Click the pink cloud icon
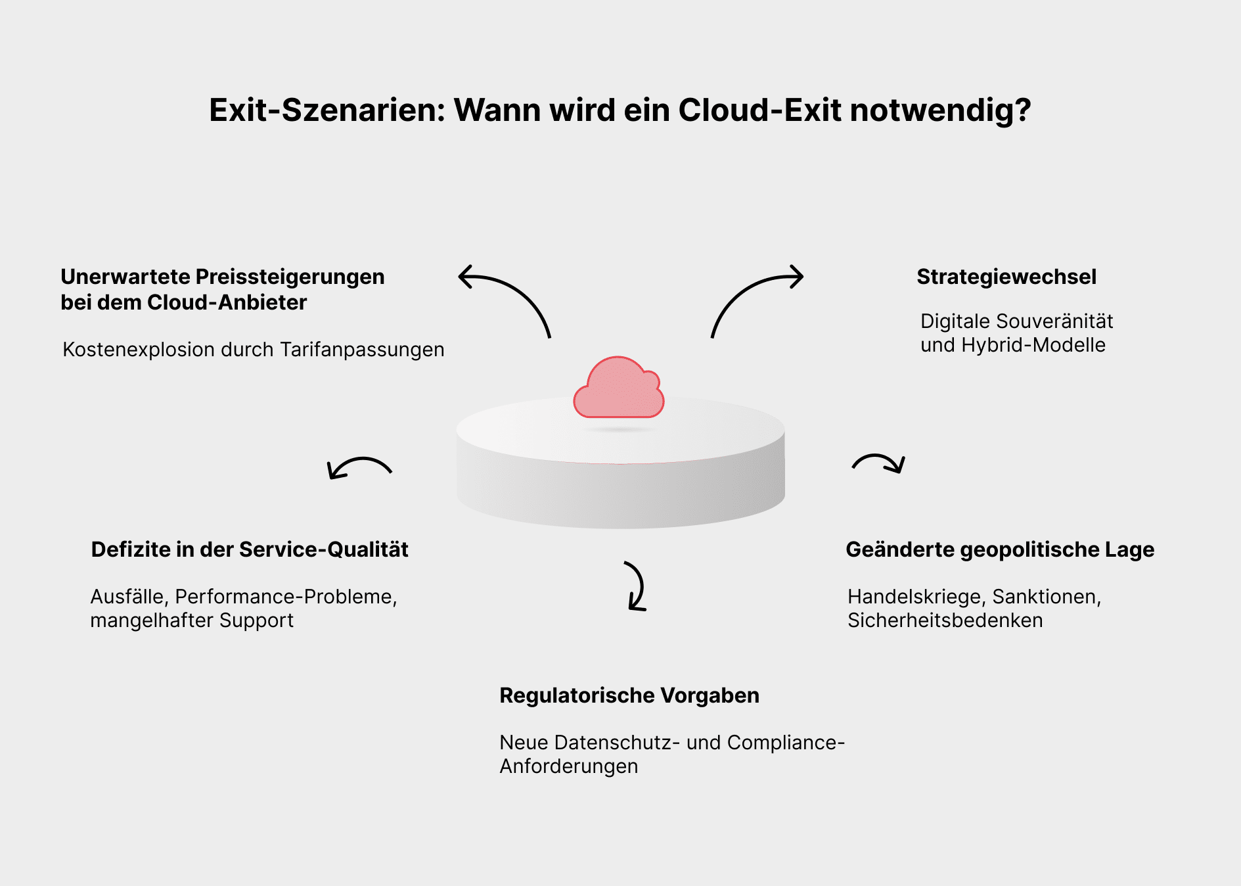619,389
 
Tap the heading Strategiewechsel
1006,277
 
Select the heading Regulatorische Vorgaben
629,695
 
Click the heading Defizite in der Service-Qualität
250,549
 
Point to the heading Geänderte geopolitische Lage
999,549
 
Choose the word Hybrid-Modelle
1033,345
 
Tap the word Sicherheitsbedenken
945,620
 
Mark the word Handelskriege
916,597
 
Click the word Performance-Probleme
285,597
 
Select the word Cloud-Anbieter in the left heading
227,302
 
